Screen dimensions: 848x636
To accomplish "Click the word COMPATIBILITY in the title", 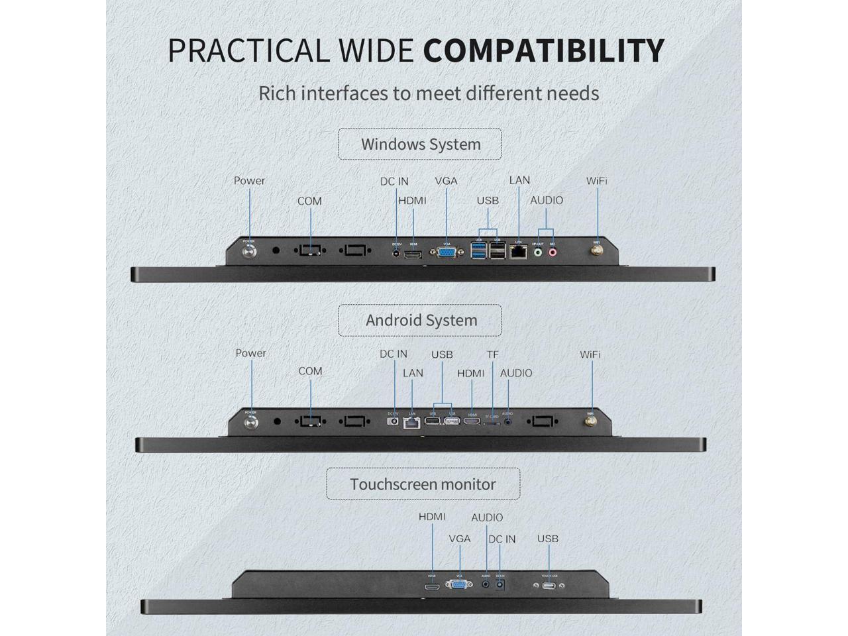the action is [543, 51].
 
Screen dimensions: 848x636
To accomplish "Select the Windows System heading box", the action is [420, 144].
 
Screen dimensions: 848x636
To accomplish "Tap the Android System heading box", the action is [420, 321].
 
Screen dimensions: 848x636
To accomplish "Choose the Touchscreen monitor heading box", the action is [423, 484].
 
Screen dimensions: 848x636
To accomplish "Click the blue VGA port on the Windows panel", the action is [447, 252].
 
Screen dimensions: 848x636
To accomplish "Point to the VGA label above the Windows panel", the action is [446, 181].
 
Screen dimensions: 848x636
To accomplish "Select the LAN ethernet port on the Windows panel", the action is [519, 252].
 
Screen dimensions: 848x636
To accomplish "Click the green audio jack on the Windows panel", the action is [539, 251].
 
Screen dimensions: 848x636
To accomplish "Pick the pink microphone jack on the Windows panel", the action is [552, 251].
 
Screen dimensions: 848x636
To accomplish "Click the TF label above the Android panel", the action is [492, 355].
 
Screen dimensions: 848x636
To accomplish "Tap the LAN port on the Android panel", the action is [412, 421].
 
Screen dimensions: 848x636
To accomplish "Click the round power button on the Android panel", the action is [251, 421].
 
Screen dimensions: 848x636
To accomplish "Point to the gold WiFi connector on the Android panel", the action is [590, 420].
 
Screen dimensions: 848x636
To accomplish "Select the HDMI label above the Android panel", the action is [470, 374].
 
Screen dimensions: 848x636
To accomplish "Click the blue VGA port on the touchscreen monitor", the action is [458, 584].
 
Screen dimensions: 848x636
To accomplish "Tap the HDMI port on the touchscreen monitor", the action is [432, 586].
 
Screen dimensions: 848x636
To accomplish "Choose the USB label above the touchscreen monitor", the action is [547, 539].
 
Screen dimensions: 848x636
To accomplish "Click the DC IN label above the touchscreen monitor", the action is [502, 539].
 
